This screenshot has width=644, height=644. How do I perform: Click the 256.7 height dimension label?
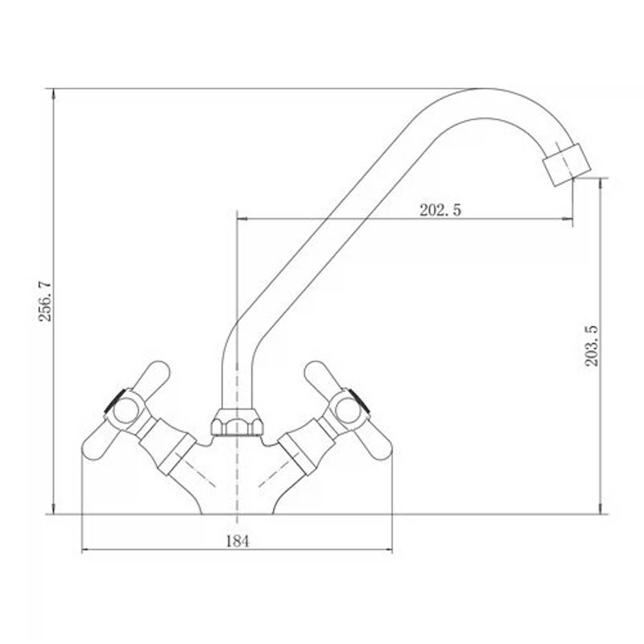(45, 301)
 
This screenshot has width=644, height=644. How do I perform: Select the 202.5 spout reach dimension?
(440, 210)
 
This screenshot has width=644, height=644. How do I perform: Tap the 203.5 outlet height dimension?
(592, 345)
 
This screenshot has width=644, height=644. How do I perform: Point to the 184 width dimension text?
(237, 541)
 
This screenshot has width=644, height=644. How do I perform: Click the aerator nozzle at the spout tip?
(567, 165)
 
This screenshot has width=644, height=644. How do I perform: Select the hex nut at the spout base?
(237, 423)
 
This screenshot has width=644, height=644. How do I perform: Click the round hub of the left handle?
(126, 411)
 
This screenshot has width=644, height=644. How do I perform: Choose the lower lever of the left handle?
(101, 442)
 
